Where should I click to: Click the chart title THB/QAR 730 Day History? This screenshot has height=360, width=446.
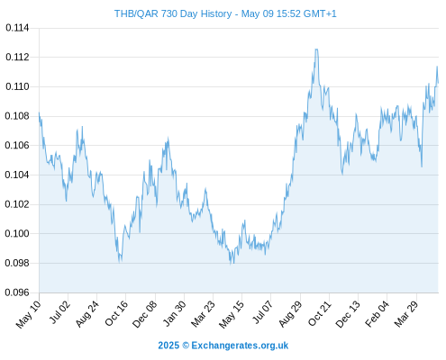173,13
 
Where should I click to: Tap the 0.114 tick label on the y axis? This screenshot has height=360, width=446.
17,28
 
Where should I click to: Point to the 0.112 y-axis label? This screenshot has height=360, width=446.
17,57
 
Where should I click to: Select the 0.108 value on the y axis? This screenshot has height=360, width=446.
17,116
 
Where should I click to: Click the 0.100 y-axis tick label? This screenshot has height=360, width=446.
17,233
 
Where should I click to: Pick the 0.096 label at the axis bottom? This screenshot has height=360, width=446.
17,292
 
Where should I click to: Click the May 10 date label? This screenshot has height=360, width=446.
28,314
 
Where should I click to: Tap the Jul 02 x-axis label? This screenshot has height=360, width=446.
59,312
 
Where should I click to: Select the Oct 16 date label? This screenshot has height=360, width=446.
116,313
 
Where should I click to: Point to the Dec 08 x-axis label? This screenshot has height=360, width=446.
144,314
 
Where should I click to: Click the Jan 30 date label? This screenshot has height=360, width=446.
174,313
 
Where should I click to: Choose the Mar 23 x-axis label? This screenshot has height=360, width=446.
203,313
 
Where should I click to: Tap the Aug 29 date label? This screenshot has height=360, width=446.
290,313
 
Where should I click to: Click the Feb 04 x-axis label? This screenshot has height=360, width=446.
377,313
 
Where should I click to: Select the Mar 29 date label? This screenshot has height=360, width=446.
406,313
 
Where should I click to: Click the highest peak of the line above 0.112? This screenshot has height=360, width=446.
316,49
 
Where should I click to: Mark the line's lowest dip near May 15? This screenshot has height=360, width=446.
231,264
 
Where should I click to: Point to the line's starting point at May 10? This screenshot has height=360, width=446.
39,113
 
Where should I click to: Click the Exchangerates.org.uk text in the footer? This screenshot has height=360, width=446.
240,346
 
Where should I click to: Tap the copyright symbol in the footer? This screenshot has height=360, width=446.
186,346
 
